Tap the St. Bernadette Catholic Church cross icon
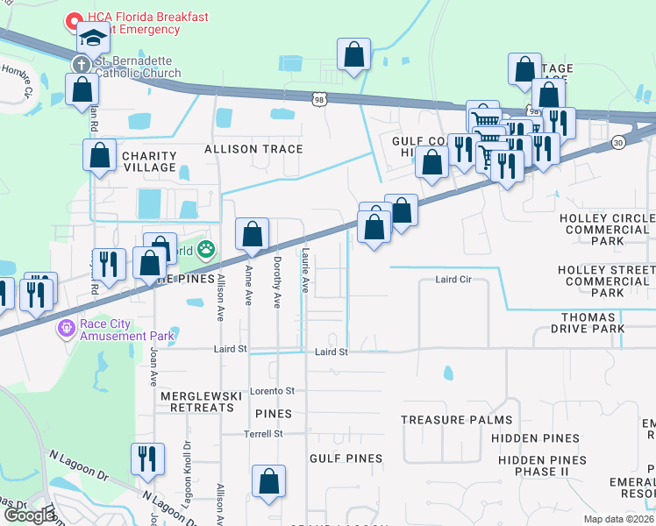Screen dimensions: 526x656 coord(81,64)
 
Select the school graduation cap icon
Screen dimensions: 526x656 coord(92,38)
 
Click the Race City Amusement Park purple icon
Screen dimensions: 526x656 coord(65,329)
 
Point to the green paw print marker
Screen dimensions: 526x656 coord(206,251)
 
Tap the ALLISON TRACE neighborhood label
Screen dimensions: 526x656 coord(253,149)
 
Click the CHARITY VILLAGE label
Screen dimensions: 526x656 coord(137,161)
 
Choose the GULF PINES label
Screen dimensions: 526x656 coord(346,458)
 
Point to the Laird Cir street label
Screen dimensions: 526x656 coord(453,281)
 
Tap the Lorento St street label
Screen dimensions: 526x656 coord(272,390)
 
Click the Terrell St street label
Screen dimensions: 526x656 coord(263,434)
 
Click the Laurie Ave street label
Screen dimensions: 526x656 coord(305,272)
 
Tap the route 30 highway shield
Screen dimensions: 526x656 coord(618,141)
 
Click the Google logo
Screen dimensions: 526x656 coord(29,515)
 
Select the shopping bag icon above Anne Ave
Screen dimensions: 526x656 coord(253,234)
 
